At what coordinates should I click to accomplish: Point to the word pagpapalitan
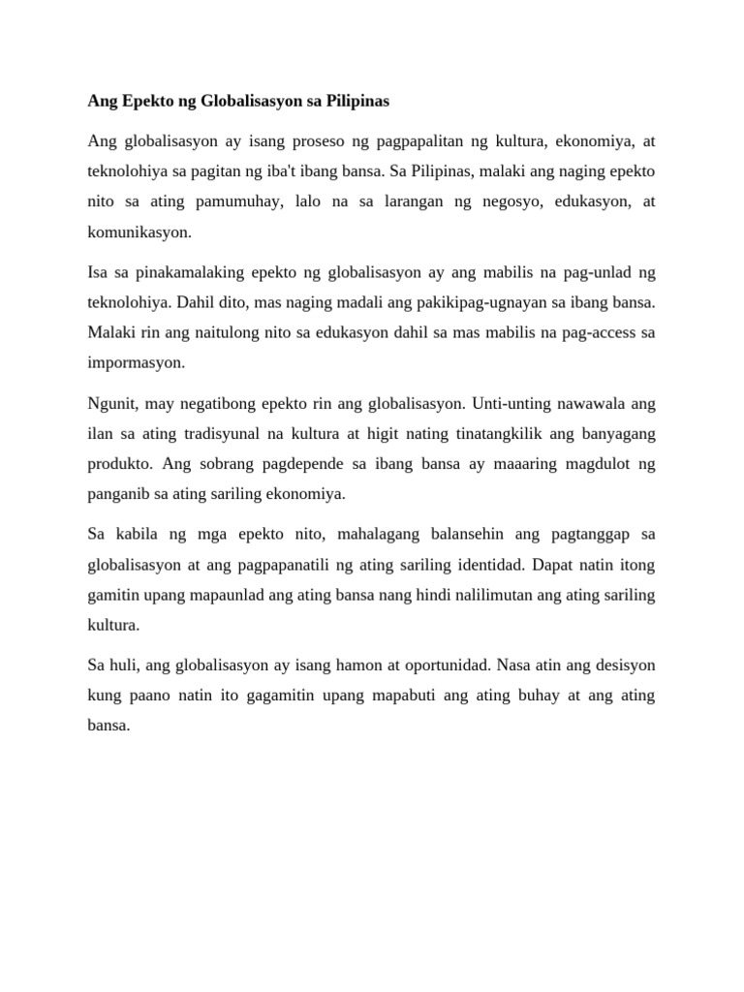[431, 141]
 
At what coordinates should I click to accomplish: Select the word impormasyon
[134, 363]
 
